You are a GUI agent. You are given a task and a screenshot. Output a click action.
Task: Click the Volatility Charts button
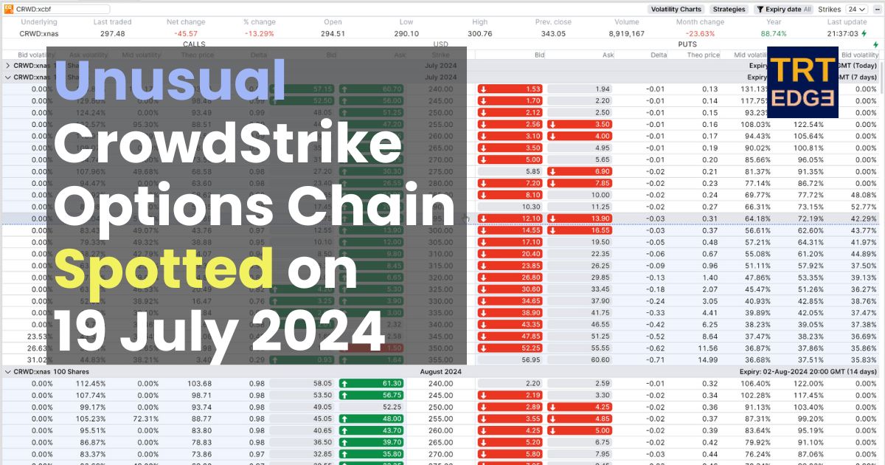(676, 10)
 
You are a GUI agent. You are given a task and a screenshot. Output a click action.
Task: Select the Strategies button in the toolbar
(728, 10)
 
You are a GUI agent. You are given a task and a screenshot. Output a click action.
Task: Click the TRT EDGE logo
(802, 82)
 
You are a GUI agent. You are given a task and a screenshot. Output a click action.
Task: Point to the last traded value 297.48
(113, 34)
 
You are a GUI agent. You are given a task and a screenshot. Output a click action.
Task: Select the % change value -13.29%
(259, 34)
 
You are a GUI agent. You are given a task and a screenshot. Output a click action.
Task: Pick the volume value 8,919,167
(627, 34)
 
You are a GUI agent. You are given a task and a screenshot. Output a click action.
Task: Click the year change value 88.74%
(774, 34)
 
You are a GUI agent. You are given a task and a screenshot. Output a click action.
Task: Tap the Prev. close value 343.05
(552, 34)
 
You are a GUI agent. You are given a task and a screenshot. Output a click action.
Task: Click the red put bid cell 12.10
(510, 219)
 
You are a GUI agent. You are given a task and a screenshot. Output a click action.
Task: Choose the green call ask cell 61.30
(372, 384)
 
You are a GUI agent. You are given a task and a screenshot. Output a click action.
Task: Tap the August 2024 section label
(440, 372)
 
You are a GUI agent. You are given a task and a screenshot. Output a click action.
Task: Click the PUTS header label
(687, 44)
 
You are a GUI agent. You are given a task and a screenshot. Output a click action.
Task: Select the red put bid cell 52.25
(510, 348)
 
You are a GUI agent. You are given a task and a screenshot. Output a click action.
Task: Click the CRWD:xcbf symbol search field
(62, 10)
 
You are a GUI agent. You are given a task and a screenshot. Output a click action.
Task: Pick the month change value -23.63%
(700, 34)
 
